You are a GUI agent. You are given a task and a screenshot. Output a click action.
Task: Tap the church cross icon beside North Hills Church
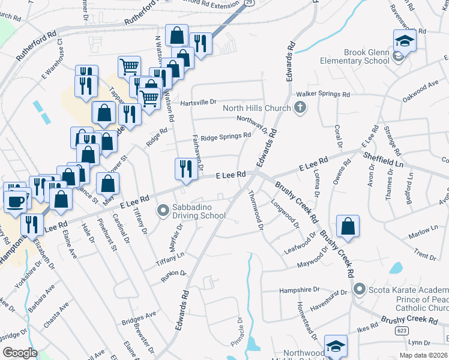300,108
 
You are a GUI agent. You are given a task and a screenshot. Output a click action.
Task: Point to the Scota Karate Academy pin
360,289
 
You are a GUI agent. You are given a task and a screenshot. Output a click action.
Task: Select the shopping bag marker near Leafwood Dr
348,226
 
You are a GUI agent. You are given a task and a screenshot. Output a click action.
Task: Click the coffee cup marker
15,200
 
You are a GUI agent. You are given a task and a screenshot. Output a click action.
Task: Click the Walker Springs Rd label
323,94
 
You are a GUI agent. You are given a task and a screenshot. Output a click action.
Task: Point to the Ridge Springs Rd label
226,137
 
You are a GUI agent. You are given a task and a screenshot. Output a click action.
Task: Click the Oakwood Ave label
420,92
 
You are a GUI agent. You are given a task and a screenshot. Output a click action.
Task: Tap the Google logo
20,353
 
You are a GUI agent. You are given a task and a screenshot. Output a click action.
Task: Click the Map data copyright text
424,355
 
